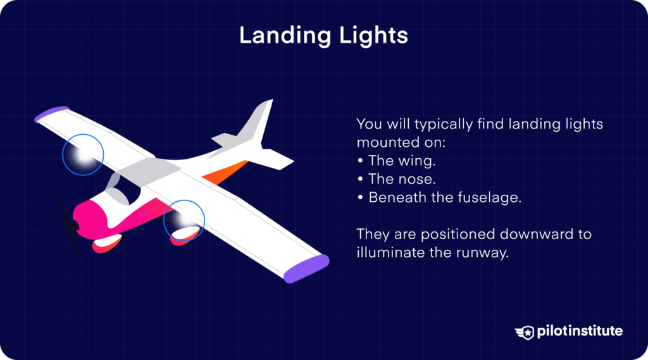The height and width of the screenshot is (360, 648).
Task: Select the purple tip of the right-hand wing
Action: coord(306,268)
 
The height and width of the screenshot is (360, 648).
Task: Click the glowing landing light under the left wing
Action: coord(82,155)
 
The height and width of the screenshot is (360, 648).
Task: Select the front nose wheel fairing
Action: coord(106,244)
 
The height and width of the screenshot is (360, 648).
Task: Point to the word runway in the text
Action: coord(485,252)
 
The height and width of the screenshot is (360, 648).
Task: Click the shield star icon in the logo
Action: coord(525,332)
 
